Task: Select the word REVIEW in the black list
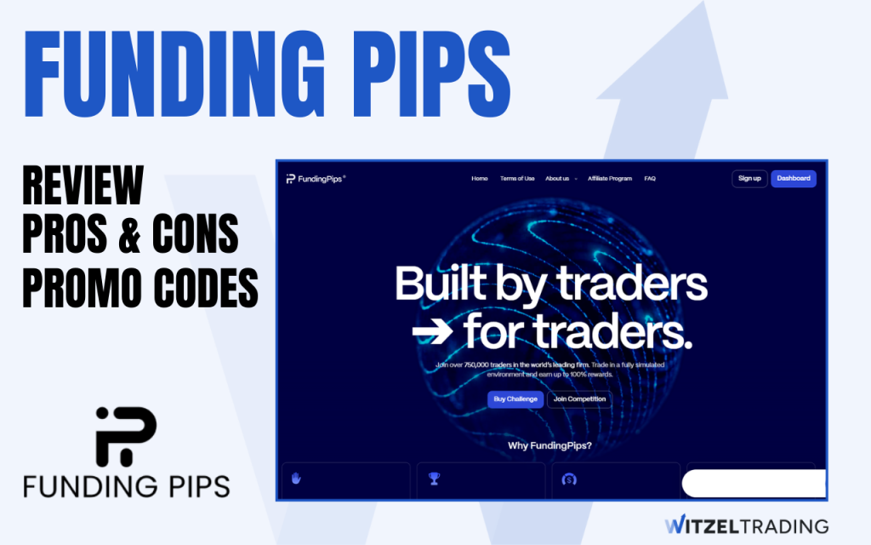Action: point(83,185)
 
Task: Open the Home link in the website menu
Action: point(480,179)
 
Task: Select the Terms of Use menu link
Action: point(517,179)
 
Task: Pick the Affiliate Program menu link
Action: point(610,179)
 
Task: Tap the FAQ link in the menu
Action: point(650,179)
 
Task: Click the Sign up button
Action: point(749,179)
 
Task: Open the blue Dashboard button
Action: point(794,179)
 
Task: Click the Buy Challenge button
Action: point(515,399)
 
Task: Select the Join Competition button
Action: point(579,399)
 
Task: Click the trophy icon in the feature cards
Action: point(434,479)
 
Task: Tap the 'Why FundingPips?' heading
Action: point(549,445)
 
